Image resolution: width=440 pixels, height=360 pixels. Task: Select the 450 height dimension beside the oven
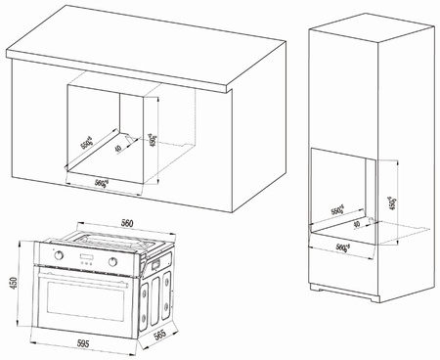[x=11, y=285]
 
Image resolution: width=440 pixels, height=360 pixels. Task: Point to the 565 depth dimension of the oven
[x=157, y=333]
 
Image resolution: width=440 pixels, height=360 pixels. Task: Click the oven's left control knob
[x=60, y=261]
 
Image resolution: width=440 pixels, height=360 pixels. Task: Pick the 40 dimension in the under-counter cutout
[x=117, y=150]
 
